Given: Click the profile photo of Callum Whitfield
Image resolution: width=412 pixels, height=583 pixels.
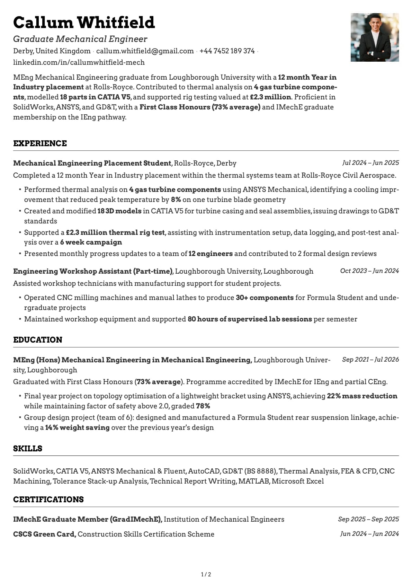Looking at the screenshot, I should tap(375, 37).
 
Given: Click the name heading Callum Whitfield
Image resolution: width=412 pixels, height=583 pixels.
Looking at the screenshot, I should tap(84, 23).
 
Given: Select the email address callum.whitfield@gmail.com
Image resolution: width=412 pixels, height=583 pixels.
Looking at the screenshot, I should tap(145, 51).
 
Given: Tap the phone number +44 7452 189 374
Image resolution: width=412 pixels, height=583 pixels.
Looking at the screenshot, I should tap(227, 51).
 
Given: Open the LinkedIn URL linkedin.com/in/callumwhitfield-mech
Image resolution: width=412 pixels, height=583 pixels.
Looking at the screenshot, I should tap(79, 62).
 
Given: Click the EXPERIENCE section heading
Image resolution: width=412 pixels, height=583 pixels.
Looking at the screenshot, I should tap(40, 143).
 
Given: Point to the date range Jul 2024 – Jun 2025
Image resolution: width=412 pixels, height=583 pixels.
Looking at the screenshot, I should tap(370, 163).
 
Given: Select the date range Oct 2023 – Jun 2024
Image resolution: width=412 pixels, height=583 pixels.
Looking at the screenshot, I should tap(369, 271).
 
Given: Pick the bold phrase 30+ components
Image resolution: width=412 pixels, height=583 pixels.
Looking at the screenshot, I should tap(265, 298).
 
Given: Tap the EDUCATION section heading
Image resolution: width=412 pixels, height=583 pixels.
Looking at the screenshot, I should tap(38, 340).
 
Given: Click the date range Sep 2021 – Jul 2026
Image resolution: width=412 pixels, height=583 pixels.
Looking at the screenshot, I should tap(370, 360).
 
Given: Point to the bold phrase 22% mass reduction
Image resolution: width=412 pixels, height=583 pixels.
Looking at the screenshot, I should tap(362, 396).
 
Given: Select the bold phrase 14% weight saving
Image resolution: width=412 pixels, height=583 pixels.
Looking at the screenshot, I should tap(77, 427).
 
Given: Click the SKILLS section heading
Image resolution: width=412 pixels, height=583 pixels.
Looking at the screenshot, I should tap(28, 449).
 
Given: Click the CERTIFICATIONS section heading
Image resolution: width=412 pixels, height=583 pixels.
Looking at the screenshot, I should tap(48, 500).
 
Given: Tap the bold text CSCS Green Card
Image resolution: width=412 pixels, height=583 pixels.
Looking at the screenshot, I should tap(44, 534).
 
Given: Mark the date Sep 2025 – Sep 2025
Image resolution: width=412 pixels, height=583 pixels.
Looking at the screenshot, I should tap(368, 519).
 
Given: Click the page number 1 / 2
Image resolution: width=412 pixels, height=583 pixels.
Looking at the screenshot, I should tap(206, 575).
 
